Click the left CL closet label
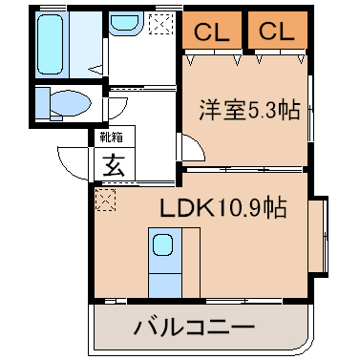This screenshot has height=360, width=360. pos(212,32)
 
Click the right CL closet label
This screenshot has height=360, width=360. pos(277,32)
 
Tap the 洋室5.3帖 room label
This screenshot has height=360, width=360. pos(250,110)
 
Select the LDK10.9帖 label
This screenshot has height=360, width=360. pos(223,207)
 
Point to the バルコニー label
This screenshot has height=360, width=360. pos(194,326)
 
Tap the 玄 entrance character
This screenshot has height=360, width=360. pos(115,165)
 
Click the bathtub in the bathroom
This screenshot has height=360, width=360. pos(50,44)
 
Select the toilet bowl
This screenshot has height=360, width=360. pos(70,103)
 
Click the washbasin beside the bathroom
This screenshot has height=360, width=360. pos(125,23)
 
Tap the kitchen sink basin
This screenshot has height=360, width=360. pos(162,244)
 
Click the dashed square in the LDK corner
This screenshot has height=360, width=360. pos(105,200)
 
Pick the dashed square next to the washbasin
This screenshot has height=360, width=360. pos(161,23)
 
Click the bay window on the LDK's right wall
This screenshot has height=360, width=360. pos(319,235)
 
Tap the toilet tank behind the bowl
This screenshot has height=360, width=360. pos(42,104)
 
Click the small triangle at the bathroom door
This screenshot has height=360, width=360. pos(95,69)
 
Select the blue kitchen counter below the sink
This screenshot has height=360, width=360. pos(165,286)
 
